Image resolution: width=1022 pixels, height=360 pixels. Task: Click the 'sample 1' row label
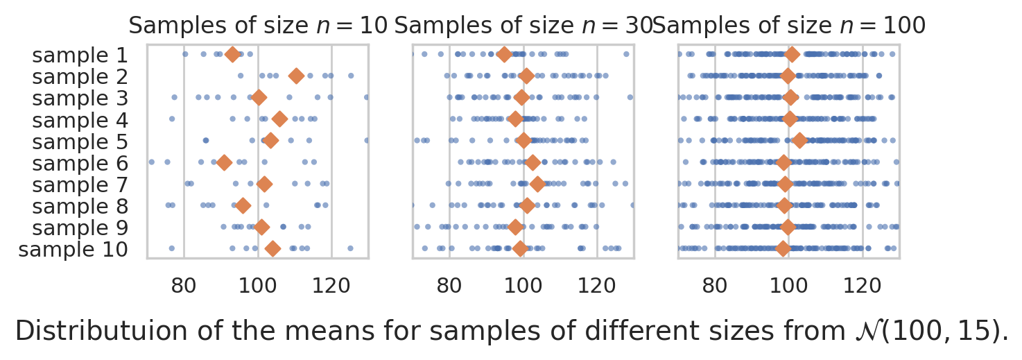click(x=80, y=55)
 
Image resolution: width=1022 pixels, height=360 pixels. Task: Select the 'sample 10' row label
click(x=73, y=249)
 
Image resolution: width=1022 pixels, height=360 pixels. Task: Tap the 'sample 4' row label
click(x=80, y=120)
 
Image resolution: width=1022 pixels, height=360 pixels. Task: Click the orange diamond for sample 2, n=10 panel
click(x=296, y=76)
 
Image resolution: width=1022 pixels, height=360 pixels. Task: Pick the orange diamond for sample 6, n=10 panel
click(x=224, y=163)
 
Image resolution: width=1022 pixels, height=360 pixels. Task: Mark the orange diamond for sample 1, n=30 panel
click(x=505, y=55)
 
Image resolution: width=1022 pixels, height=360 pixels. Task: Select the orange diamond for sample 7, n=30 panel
click(x=537, y=185)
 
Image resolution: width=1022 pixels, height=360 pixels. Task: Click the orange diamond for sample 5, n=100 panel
click(x=799, y=141)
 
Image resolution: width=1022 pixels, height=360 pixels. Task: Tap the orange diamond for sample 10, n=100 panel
click(x=783, y=249)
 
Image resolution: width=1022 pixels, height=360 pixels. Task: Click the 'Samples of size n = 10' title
click(x=258, y=26)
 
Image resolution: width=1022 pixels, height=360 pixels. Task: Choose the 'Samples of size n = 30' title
click(x=523, y=26)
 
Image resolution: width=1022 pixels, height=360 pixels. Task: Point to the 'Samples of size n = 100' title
click(x=789, y=26)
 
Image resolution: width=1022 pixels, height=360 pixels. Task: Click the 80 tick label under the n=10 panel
click(x=184, y=284)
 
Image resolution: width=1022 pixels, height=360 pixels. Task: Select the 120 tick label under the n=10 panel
click(x=331, y=284)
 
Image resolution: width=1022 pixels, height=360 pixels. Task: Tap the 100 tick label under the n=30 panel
click(x=523, y=284)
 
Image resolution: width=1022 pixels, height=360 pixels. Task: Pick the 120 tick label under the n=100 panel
click(x=863, y=284)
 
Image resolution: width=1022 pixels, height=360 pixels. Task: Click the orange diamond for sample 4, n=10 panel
click(x=279, y=120)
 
